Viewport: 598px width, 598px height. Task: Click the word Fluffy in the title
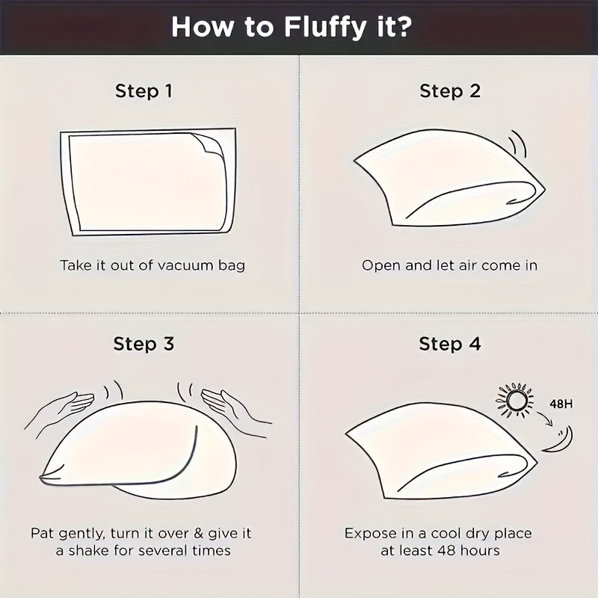[x=324, y=28]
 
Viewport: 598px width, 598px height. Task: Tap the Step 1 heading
[x=144, y=91]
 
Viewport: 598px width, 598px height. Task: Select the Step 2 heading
[x=450, y=91]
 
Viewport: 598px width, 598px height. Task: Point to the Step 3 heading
[x=144, y=344]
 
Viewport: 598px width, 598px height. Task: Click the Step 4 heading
[x=450, y=344]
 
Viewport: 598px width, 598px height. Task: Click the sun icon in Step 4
[x=514, y=400]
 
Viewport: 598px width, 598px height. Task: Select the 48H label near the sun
[x=561, y=404]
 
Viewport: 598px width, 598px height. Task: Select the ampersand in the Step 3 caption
[x=198, y=533]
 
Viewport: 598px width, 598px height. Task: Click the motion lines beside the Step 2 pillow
[x=519, y=144]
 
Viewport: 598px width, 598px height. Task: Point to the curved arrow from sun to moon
[x=546, y=419]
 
